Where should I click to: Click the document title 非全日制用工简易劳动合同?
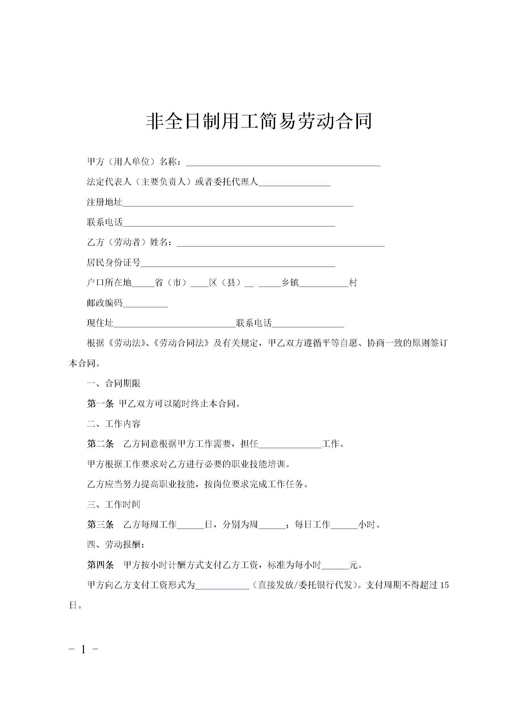pos(259,121)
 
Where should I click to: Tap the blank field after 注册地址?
pos(238,203)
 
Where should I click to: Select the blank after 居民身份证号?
pos(238,263)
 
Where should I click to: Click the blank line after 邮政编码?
pos(145,304)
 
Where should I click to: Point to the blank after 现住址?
pos(174,324)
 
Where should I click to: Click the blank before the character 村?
pos(324,284)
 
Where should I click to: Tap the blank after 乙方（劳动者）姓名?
pos(281,243)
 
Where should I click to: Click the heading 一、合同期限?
pos(114,384)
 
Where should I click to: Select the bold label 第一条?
pos(100,404)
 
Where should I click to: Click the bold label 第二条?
pos(100,444)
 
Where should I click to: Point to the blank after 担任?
pos(290,445)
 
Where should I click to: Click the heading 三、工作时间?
pos(114,505)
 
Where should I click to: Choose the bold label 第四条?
pos(100,565)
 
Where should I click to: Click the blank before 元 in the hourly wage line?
pos(335,566)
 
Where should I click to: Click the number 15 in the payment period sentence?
pos(444,585)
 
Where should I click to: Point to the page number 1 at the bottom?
pos(84,649)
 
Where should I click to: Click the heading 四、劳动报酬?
pos(116,545)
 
